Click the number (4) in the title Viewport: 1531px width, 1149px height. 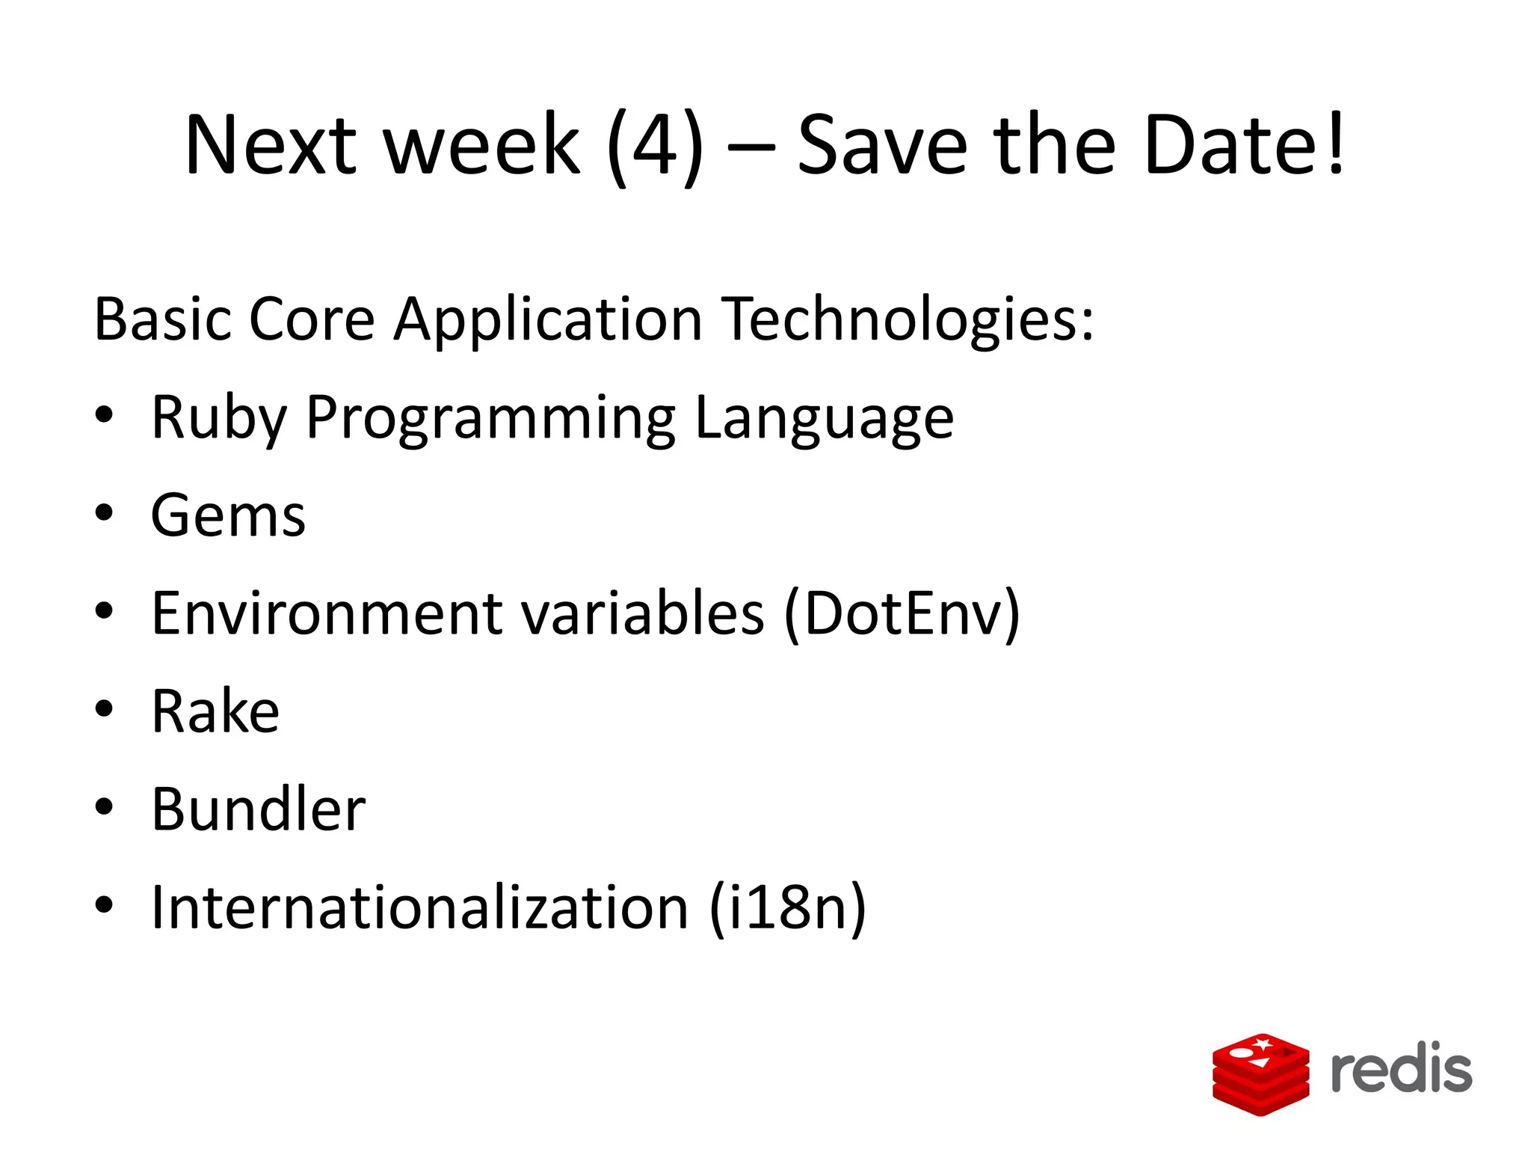(655, 146)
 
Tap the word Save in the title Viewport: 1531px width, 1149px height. (882, 146)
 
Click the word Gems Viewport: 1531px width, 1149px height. (228, 516)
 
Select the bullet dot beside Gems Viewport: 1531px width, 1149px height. (105, 513)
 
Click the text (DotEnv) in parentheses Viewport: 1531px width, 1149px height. (902, 614)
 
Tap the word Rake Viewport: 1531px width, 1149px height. (215, 711)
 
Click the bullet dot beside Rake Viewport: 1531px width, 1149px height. (105, 708)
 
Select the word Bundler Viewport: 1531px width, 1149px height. (258, 810)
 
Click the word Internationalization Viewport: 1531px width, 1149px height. (419, 908)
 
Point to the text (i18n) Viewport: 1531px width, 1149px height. (787, 908)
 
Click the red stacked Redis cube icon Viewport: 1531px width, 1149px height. (1260, 1074)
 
